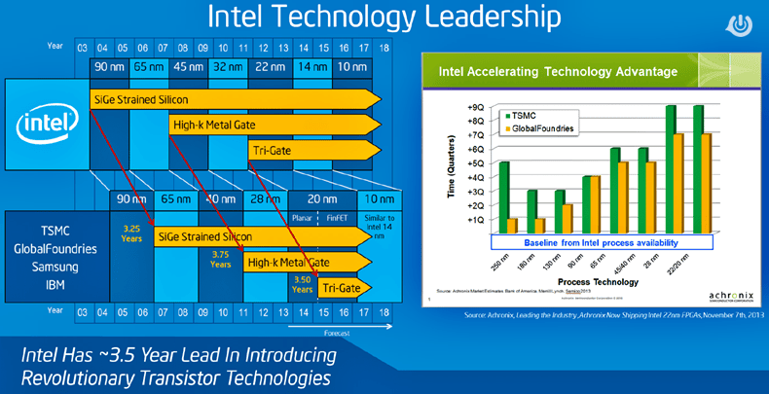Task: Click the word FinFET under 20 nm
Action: click(336, 220)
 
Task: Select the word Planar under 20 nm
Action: click(305, 220)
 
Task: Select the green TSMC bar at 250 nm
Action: click(504, 197)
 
